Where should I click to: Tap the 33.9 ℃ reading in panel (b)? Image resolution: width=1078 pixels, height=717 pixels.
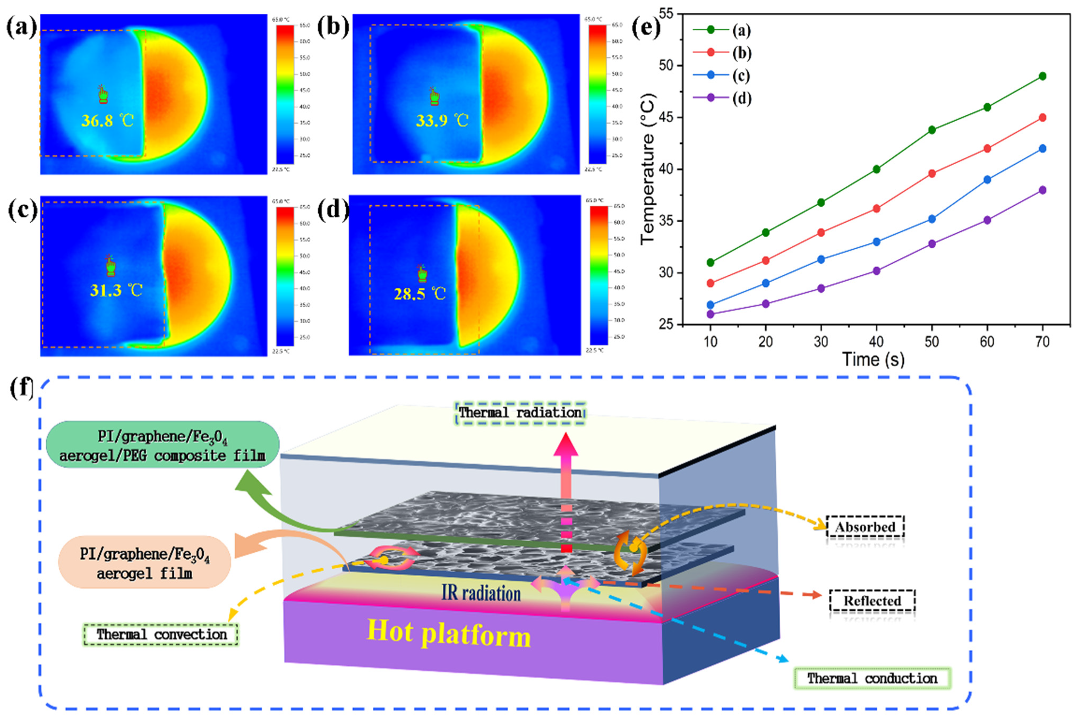(442, 121)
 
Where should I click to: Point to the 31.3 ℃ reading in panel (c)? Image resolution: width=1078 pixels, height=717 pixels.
(116, 290)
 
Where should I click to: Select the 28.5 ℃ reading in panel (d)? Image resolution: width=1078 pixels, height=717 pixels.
(420, 294)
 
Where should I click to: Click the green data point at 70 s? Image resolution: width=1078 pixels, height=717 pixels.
(1042, 77)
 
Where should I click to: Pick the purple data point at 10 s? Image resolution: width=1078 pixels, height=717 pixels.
(711, 314)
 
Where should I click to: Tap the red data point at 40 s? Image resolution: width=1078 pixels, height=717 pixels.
(877, 209)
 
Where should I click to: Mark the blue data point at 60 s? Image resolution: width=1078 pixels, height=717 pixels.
(987, 180)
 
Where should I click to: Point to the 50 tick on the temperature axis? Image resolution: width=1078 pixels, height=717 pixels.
(666, 65)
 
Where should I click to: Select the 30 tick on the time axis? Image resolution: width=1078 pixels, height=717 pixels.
(821, 342)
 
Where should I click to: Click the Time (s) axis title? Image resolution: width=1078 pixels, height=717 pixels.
(873, 360)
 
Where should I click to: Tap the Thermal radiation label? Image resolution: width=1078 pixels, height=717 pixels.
(520, 413)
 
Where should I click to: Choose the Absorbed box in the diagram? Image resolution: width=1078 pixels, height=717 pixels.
(865, 527)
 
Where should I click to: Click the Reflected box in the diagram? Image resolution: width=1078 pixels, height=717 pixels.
(872, 601)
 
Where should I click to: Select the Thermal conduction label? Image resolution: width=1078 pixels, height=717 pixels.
(872, 679)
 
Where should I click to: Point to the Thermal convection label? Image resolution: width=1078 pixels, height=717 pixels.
(161, 635)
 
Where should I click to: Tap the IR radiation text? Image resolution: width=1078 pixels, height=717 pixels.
(481, 593)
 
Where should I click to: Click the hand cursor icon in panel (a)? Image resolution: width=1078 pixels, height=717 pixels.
(103, 95)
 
